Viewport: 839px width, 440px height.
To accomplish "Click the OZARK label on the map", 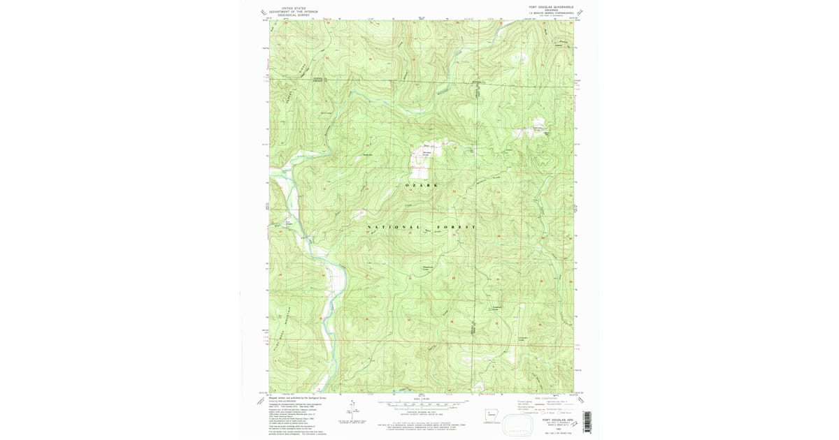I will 422,185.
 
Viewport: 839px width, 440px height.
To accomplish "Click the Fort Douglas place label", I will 287,223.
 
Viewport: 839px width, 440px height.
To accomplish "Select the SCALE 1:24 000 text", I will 422,399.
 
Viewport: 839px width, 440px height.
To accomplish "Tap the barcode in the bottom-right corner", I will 587,422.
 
